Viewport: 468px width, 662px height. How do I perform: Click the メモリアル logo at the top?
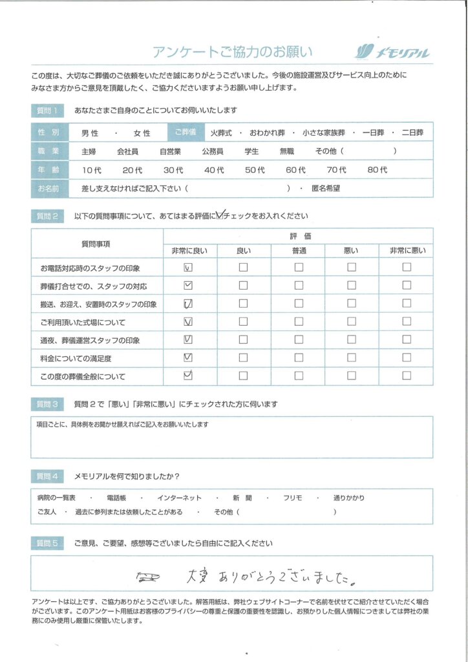pos(393,52)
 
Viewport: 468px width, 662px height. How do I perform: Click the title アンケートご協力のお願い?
pos(232,52)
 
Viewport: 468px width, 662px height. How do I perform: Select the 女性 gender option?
pos(142,133)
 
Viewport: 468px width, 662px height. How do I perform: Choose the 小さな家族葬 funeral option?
pos(323,133)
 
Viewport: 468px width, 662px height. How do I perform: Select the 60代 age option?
pos(295,170)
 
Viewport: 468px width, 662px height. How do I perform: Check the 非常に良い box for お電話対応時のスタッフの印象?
pos(189,267)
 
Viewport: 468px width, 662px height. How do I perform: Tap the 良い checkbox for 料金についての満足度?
pos(243,358)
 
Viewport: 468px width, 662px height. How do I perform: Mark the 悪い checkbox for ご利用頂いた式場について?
pos(352,321)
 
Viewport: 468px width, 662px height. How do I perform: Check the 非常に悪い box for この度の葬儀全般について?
pos(407,375)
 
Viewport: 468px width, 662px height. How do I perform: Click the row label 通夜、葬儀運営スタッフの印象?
pos(90,340)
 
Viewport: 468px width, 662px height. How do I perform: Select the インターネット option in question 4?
pos(179,498)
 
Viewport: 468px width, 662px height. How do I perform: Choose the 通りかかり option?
pos(349,498)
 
